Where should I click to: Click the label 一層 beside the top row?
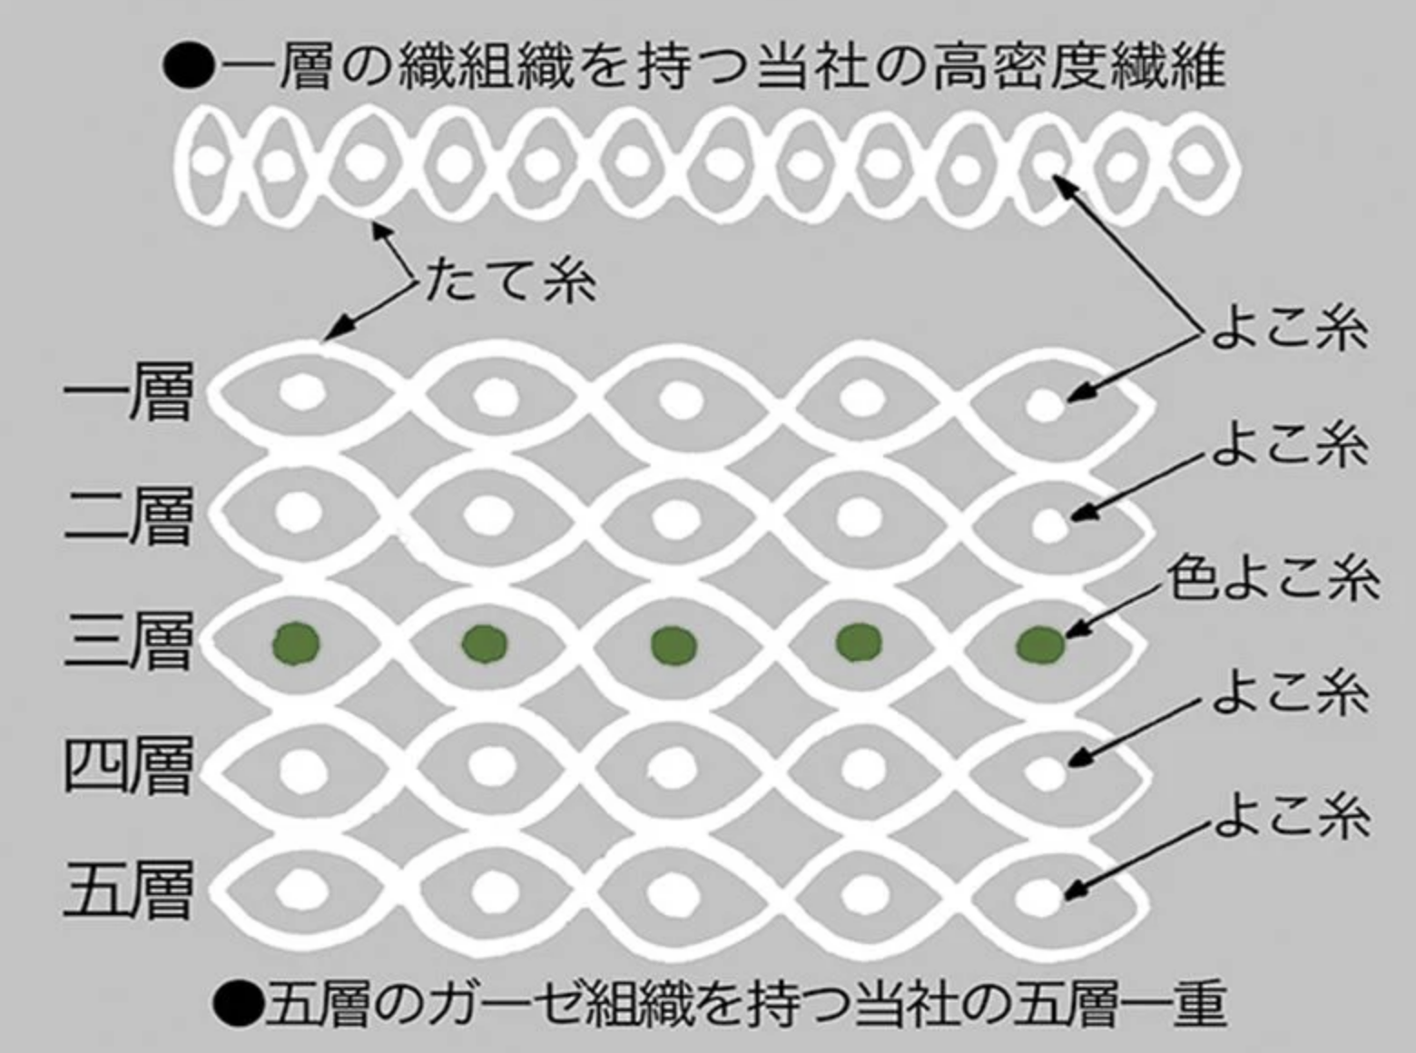pos(128,391)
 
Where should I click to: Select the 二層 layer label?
pos(128,516)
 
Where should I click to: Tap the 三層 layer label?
pos(128,641)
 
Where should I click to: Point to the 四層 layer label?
pos(128,765)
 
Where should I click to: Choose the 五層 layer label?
pos(128,890)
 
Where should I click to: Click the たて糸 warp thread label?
pos(511,281)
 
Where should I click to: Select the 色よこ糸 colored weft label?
pos(1273,580)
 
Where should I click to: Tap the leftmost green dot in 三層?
pos(296,643)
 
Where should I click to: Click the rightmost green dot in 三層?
pos(1040,645)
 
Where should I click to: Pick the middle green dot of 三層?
pos(674,645)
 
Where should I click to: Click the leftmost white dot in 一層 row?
pos(302,391)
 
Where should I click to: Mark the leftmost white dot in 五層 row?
pos(302,890)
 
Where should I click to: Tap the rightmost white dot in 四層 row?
pos(1045,772)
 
